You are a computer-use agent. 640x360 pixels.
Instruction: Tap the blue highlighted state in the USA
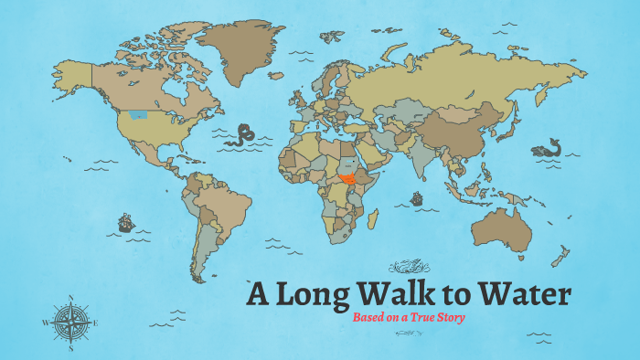pos(138,115)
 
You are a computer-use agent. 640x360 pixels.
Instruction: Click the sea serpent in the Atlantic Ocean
pos(244,135)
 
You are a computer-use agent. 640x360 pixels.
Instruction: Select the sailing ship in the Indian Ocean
pos(417,197)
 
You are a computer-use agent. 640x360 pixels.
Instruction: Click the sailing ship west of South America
pos(126,221)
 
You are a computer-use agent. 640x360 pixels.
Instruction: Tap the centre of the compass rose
pos(70,322)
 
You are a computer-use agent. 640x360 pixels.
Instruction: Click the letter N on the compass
pos(70,297)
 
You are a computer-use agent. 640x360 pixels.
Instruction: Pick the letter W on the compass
pos(45,323)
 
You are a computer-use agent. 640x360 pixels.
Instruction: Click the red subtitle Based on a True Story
pos(410,317)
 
